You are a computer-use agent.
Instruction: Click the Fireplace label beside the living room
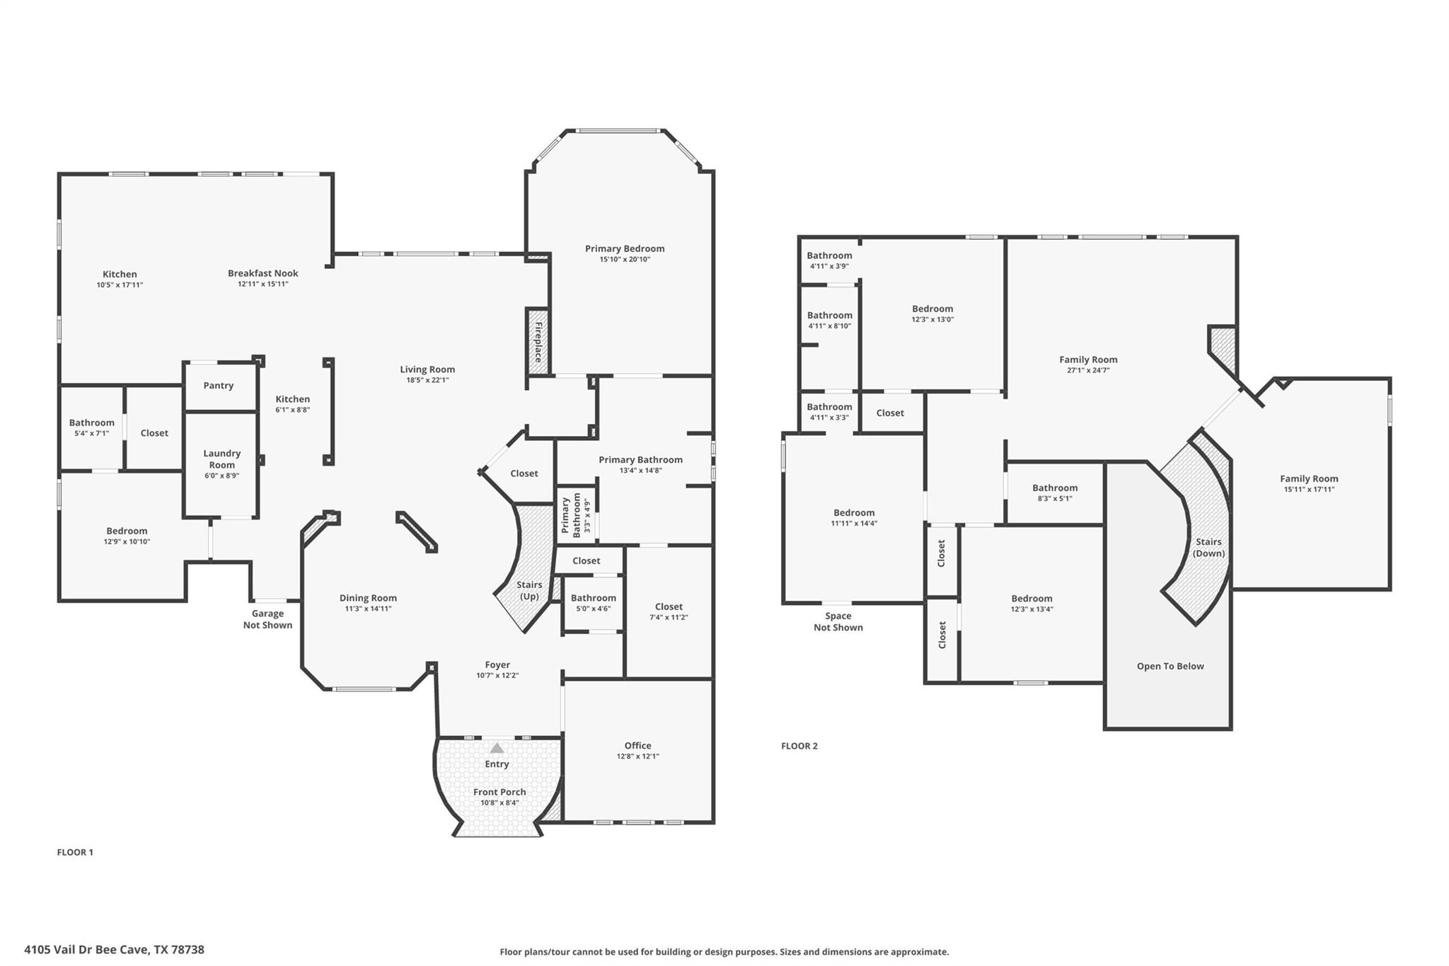click(538, 342)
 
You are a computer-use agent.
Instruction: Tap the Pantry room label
click(218, 386)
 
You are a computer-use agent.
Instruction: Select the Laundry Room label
click(221, 459)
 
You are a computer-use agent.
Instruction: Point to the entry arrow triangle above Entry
click(497, 748)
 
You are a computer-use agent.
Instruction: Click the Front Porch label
click(500, 792)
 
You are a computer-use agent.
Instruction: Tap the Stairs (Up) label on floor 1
click(529, 590)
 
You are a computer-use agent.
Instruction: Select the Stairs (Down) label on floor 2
click(1208, 548)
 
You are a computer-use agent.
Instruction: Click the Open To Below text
click(1170, 666)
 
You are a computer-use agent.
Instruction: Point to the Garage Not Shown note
click(267, 619)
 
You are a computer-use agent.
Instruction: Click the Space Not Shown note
click(838, 621)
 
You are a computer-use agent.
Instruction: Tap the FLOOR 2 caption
click(799, 746)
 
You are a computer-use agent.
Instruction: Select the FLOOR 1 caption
click(75, 852)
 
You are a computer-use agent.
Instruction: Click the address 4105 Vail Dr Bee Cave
click(114, 950)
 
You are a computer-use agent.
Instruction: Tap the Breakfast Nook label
click(262, 273)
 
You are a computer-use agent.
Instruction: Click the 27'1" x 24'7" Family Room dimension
click(1087, 370)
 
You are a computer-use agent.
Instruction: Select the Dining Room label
click(368, 598)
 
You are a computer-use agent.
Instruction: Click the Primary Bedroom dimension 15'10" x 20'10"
click(624, 260)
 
